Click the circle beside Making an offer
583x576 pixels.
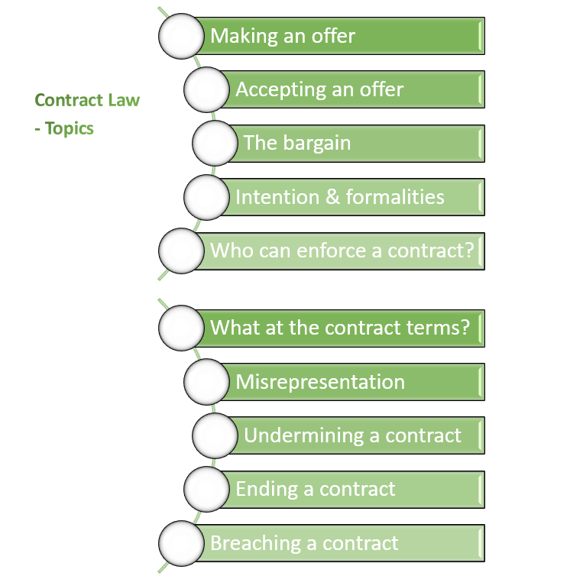[182, 36]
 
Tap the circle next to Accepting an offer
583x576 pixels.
[207, 89]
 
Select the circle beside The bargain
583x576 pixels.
[215, 143]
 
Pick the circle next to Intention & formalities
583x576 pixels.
[207, 197]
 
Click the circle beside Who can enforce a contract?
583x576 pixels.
[182, 251]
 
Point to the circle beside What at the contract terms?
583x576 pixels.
[182, 328]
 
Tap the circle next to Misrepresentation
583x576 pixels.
[207, 381]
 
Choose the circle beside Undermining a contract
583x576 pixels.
[215, 435]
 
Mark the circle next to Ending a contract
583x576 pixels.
[207, 489]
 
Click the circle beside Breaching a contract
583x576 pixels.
[182, 543]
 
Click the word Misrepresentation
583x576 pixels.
[320, 382]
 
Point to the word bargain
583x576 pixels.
[316, 144]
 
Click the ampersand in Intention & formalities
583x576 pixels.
[332, 197]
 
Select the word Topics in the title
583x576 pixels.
[70, 128]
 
